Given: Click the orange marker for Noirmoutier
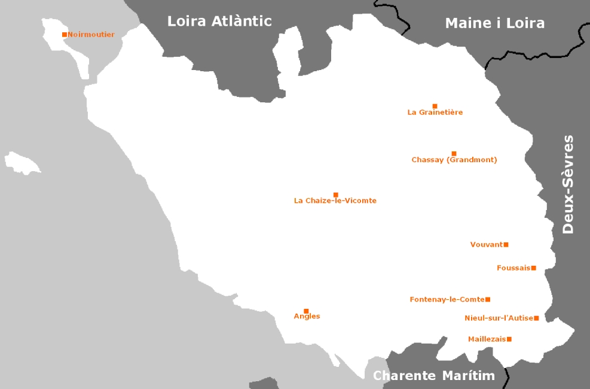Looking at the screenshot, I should point(65,35).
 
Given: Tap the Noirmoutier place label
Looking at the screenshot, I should point(91,35).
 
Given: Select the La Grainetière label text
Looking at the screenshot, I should point(435,113).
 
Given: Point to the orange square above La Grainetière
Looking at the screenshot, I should point(435,106).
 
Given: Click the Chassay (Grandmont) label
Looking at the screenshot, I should point(454,160).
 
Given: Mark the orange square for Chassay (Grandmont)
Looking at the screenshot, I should point(454,154).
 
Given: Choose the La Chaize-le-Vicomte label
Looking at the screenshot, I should point(335,201).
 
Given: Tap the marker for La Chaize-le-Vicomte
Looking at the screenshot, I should point(336,194).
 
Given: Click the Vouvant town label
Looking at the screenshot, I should point(487,245).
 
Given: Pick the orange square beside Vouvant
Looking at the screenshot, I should point(506,245).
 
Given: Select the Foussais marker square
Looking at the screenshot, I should point(534,268).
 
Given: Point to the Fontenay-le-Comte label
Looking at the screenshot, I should point(447,299).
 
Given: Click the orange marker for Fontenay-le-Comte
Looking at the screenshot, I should point(488,299).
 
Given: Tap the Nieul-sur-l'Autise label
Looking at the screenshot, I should point(499,318).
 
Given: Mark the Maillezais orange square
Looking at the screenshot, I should point(509,339).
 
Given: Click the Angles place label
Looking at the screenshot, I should point(307,317).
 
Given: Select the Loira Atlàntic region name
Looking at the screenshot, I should point(219,22).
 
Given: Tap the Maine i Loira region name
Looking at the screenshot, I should point(495,23).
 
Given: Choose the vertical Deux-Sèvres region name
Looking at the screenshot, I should point(568,184).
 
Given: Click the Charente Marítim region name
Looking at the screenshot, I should point(435,376).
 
